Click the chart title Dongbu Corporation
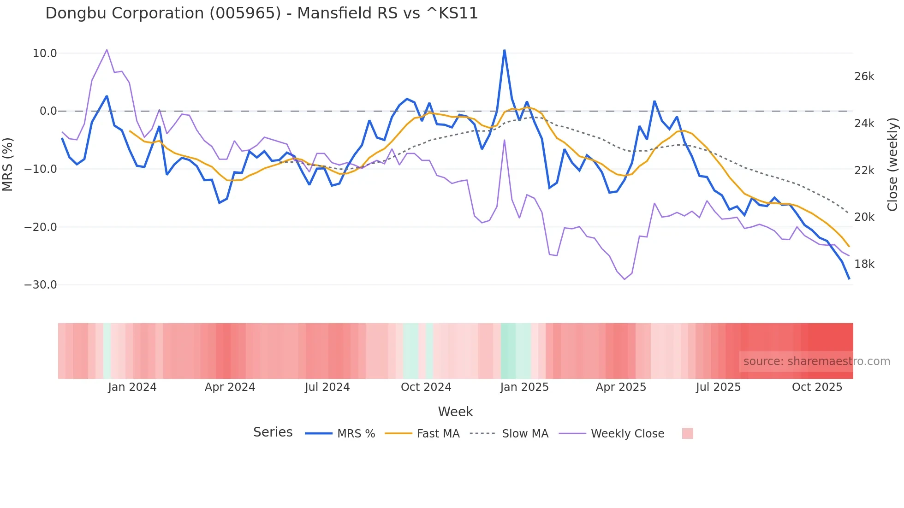(262, 13)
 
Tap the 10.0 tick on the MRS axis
(45, 53)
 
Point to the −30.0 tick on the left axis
(41, 285)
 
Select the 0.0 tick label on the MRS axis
(48, 111)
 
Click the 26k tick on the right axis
(864, 77)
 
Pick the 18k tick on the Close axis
(864, 264)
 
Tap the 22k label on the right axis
(864, 171)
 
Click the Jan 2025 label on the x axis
(524, 387)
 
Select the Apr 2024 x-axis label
(230, 387)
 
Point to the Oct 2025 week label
(817, 387)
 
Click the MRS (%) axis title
(8, 164)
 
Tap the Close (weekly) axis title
(893, 164)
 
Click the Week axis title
(455, 412)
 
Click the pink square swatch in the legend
(687, 433)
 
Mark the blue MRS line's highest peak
(504, 50)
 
